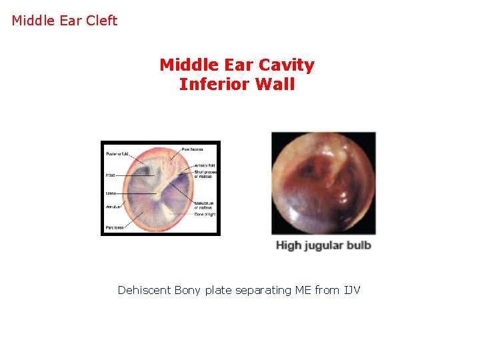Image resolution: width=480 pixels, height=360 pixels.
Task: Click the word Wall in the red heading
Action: (277, 85)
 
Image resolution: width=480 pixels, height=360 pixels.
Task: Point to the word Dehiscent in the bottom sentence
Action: (144, 290)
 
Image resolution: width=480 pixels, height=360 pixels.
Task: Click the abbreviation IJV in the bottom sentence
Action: (351, 290)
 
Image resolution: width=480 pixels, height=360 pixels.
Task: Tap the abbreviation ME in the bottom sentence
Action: (303, 290)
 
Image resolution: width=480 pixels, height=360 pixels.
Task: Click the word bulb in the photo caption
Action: (358, 245)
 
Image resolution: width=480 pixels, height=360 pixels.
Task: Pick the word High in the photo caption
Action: (289, 245)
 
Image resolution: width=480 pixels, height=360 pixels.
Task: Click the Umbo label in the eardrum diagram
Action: (111, 193)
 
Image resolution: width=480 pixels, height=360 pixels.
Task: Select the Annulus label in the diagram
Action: (113, 206)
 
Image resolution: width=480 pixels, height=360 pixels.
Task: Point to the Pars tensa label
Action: (114, 228)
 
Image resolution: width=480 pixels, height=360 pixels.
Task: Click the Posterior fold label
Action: (118, 155)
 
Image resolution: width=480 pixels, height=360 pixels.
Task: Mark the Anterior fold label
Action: (205, 165)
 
